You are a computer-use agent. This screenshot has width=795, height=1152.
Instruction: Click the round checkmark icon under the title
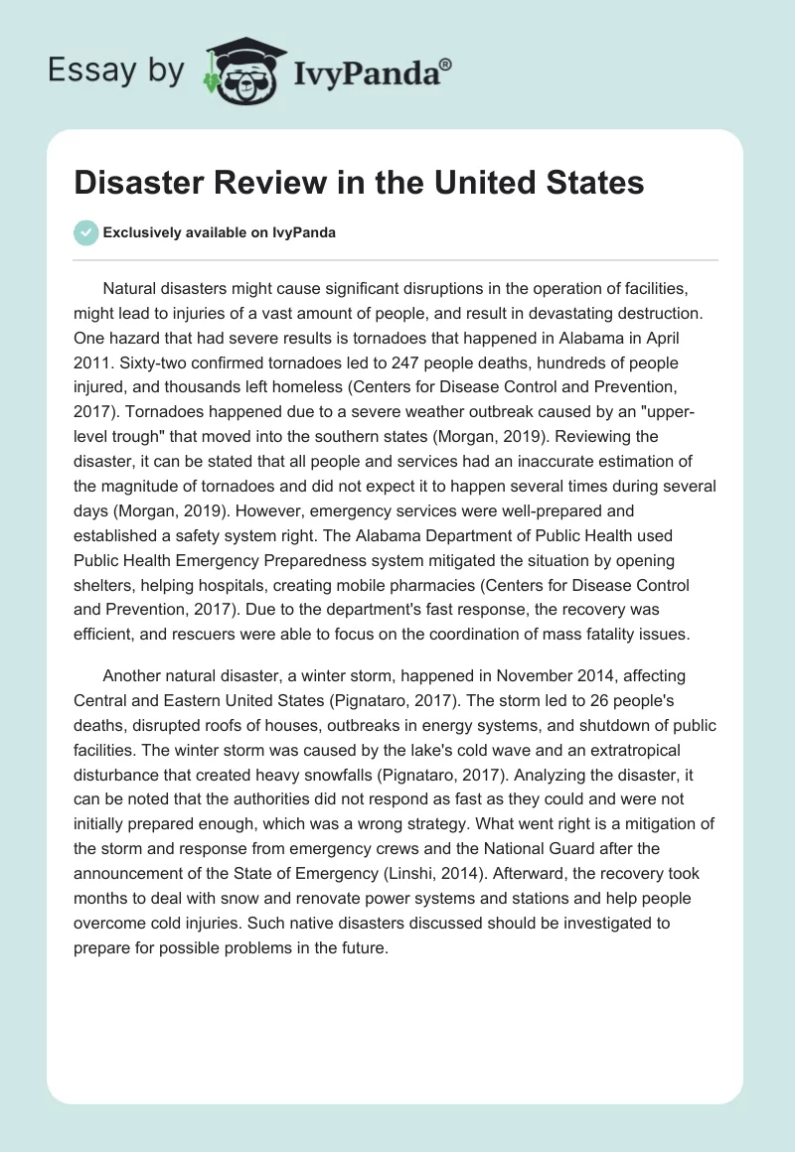click(85, 232)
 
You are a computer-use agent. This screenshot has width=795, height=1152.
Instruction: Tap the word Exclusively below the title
click(142, 233)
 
